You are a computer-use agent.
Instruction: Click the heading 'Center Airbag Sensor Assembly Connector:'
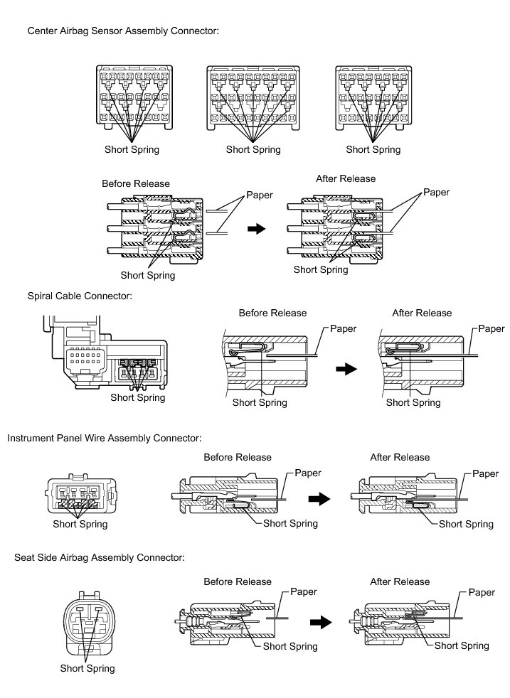pos(122,31)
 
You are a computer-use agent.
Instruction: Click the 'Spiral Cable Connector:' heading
pos(80,295)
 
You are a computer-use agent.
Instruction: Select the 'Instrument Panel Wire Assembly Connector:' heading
pos(105,438)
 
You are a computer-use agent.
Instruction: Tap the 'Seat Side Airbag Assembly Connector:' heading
pos(100,558)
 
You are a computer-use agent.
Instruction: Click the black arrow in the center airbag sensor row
pos(255,229)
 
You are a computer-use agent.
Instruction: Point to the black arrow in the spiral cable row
pos(346,370)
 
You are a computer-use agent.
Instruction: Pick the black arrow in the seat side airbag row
pos(322,622)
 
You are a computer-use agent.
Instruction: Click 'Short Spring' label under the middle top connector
pos(253,149)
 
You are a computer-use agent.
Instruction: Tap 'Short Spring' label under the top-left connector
pos(132,149)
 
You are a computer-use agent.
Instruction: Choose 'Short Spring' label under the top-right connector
pos(373,149)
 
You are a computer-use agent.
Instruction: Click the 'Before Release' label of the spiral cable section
pos(272,313)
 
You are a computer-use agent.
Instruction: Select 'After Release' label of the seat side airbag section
pos(400,581)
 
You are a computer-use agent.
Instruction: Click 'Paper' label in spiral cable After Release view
pos(491,329)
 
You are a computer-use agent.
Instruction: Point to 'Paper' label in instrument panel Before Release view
pos(307,473)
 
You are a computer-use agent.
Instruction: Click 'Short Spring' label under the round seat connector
pos(87,668)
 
